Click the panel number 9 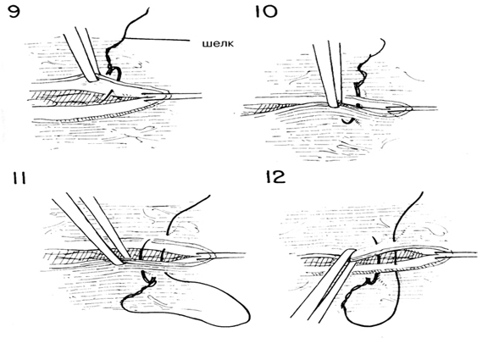coord(14,12)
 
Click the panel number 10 coord(266,12)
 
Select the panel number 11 coord(19,178)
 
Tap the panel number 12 coord(275,177)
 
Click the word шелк coord(218,43)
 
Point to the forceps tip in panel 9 coord(93,80)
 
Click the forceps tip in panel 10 coord(333,104)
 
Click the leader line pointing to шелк coord(158,40)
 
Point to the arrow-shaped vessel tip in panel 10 coord(402,108)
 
